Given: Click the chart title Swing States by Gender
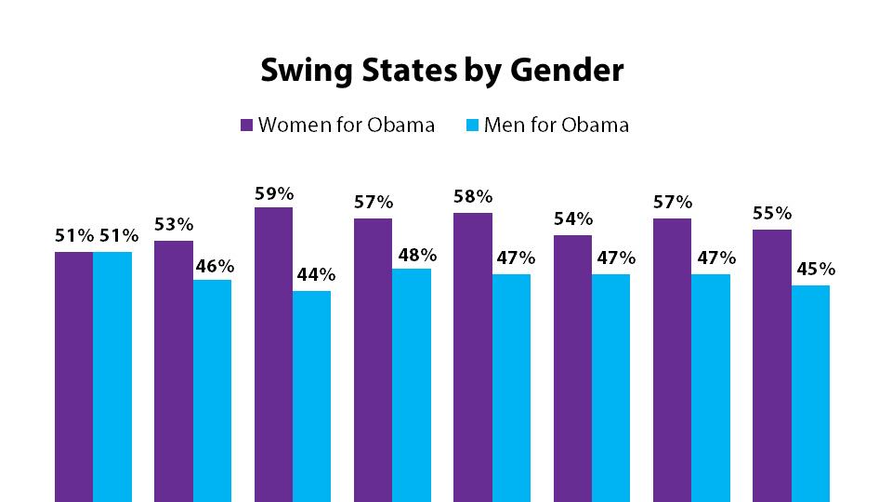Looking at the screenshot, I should [441, 71].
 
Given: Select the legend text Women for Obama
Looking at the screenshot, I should [347, 125].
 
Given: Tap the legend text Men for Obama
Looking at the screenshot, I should [557, 125].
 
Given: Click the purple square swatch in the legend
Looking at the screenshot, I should [247, 125].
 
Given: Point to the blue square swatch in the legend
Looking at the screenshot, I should [472, 125].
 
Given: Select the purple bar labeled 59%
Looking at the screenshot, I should [273, 353].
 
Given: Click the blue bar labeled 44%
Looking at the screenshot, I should [311, 395].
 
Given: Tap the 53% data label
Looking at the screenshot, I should [174, 224].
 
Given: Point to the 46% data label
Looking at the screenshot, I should [213, 265].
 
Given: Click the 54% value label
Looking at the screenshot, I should [572, 219].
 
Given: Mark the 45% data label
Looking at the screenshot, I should [811, 270].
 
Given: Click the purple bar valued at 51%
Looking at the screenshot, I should [73, 376].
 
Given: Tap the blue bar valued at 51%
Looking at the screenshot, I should [112, 376].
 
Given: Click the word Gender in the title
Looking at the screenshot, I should [572, 72].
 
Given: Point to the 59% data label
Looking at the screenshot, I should [274, 194].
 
